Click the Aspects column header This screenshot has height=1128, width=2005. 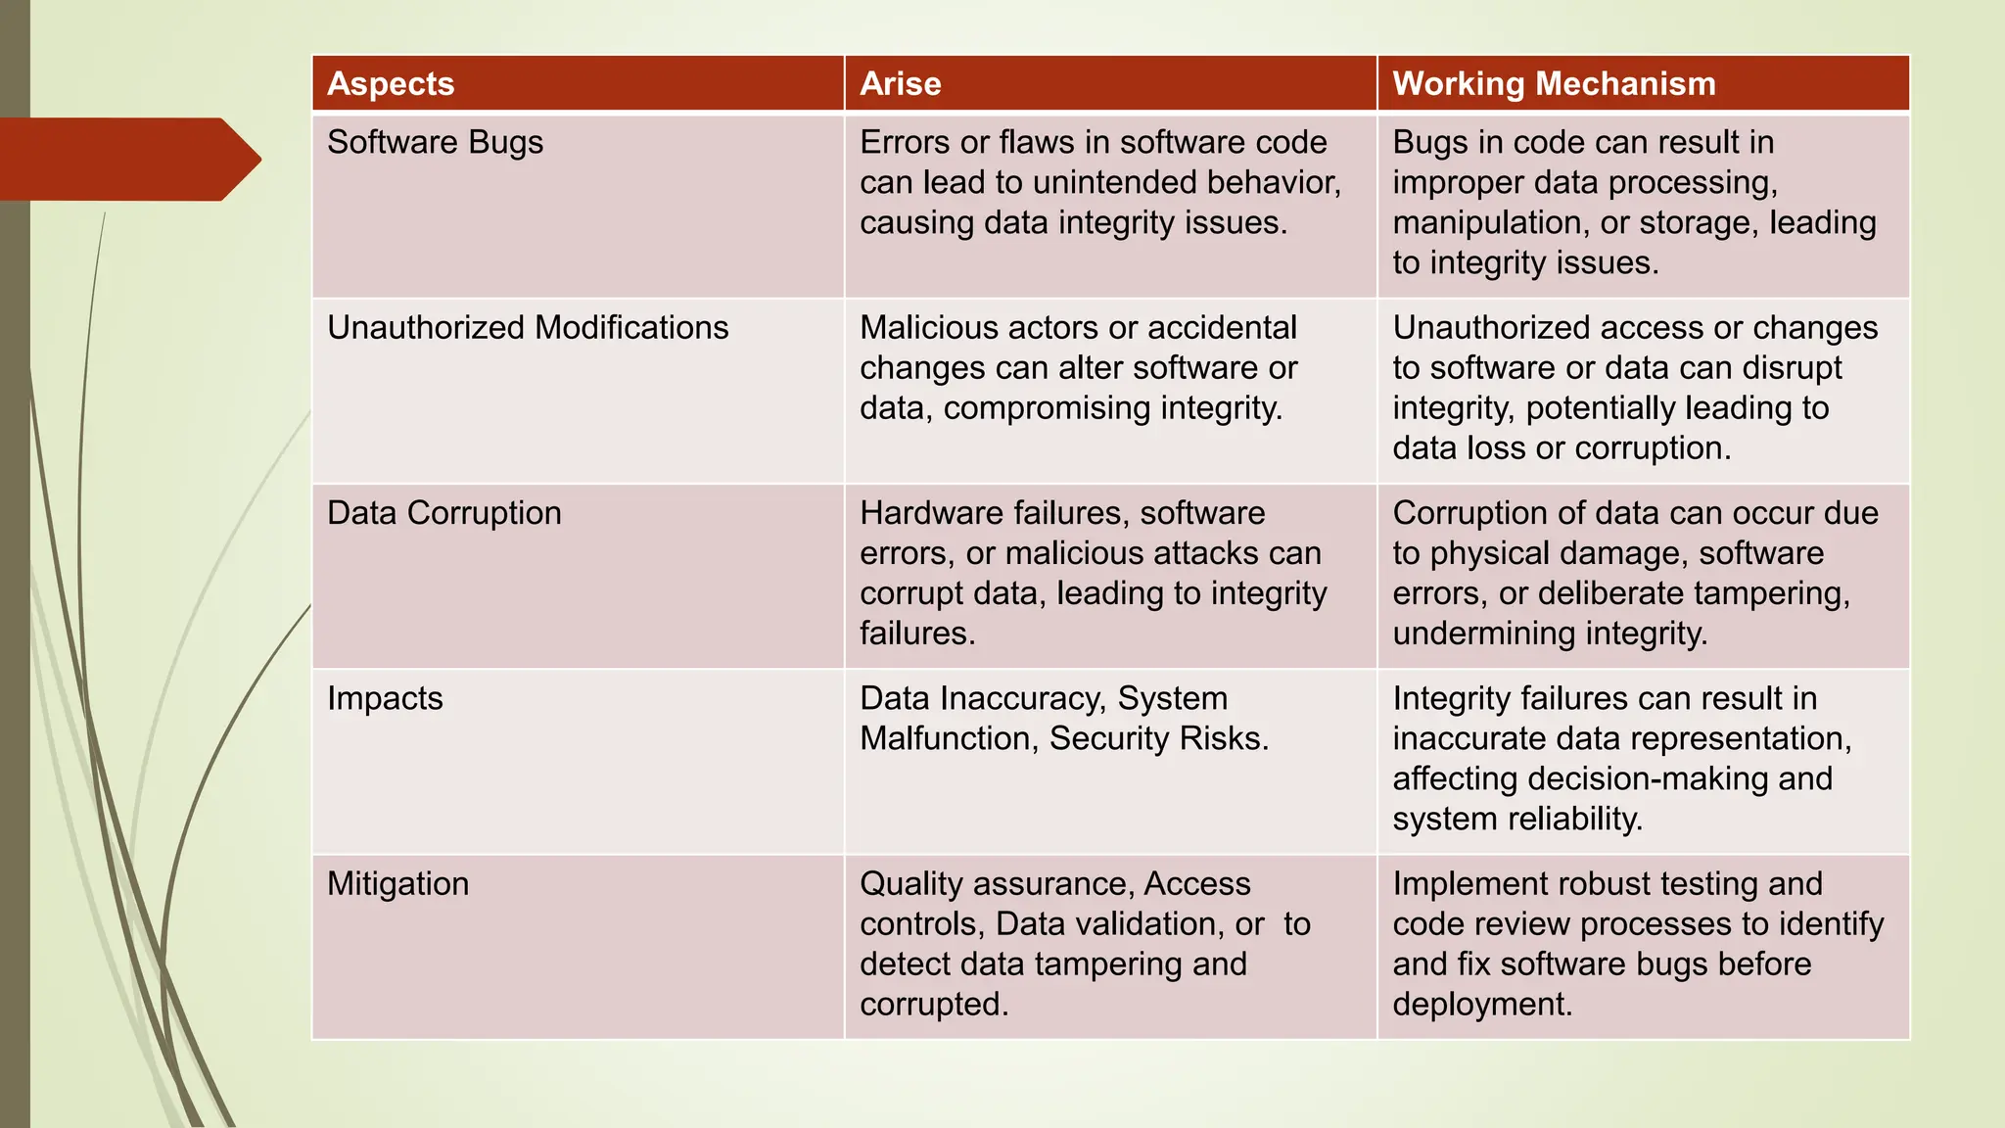point(391,84)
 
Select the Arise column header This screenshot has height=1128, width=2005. point(900,84)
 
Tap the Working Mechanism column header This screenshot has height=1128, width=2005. point(1554,84)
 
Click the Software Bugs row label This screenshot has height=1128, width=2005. point(435,143)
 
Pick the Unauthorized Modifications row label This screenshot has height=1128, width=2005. point(528,328)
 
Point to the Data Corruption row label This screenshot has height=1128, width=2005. point(443,513)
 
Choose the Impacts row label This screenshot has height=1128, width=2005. point(385,698)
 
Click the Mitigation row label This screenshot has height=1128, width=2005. point(397,884)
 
